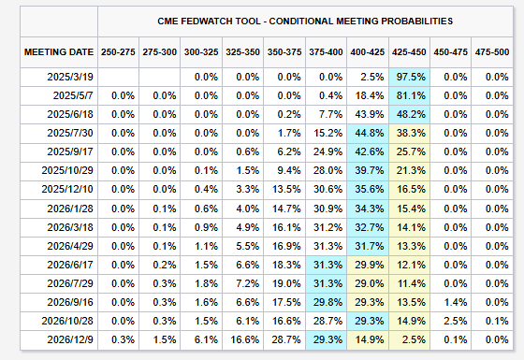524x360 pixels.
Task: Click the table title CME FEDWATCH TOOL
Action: [209, 22]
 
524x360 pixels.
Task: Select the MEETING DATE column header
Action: [59, 52]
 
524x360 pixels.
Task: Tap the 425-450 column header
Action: [409, 52]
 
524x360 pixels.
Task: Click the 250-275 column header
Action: [118, 52]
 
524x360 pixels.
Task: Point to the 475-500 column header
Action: [492, 52]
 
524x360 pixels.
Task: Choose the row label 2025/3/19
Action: [70, 77]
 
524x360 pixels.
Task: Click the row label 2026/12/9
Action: [70, 339]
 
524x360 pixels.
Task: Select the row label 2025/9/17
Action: [70, 151]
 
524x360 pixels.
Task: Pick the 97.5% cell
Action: [411, 77]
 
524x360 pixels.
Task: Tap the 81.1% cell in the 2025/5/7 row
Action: [411, 95]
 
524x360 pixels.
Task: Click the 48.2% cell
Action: [411, 114]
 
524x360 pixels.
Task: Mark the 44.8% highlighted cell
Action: [370, 133]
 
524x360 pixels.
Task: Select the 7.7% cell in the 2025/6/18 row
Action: [330, 114]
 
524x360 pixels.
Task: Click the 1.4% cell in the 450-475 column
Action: [456, 302]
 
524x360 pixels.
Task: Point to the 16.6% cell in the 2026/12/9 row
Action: [244, 339]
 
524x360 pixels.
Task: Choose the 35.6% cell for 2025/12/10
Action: [370, 189]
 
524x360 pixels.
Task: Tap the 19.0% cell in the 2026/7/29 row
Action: [286, 283]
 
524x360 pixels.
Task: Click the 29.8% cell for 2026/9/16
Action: [327, 302]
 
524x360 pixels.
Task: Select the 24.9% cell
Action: [327, 151]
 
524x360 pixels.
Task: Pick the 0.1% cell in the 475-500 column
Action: [497, 321]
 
